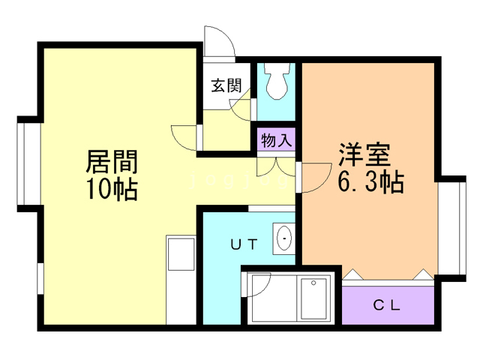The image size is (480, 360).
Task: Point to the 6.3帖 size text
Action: [x=370, y=182]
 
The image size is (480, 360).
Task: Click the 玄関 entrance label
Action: [x=226, y=85]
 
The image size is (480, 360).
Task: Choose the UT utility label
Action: [x=244, y=244]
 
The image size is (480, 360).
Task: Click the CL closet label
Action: [x=387, y=305]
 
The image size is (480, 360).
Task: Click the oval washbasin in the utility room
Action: [x=285, y=239]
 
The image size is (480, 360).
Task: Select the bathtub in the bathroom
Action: [x=315, y=298]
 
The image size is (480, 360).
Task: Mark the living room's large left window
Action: [x=28, y=163]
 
